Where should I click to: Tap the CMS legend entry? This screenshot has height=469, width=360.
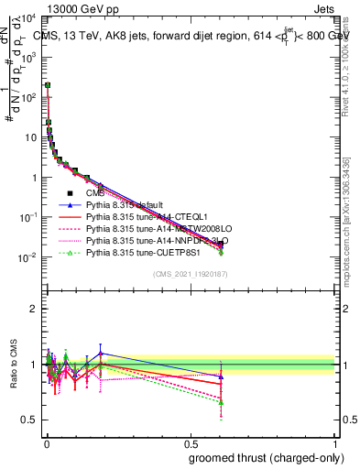(95, 193)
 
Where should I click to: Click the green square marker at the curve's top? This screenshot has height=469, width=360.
(47, 85)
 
